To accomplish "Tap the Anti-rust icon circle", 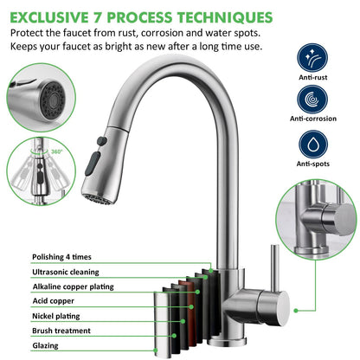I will point(312,59).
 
